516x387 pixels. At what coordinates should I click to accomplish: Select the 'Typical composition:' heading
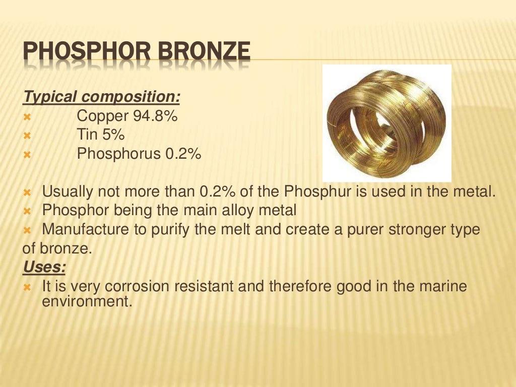pos(102,96)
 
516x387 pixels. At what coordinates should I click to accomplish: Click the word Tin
pos(87,135)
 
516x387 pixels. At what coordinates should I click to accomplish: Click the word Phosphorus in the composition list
pos(118,154)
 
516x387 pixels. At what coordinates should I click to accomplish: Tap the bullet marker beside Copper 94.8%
pos(27,117)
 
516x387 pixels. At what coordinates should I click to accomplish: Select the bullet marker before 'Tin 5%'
pos(27,136)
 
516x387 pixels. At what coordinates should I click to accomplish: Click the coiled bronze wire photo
pos(386,123)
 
